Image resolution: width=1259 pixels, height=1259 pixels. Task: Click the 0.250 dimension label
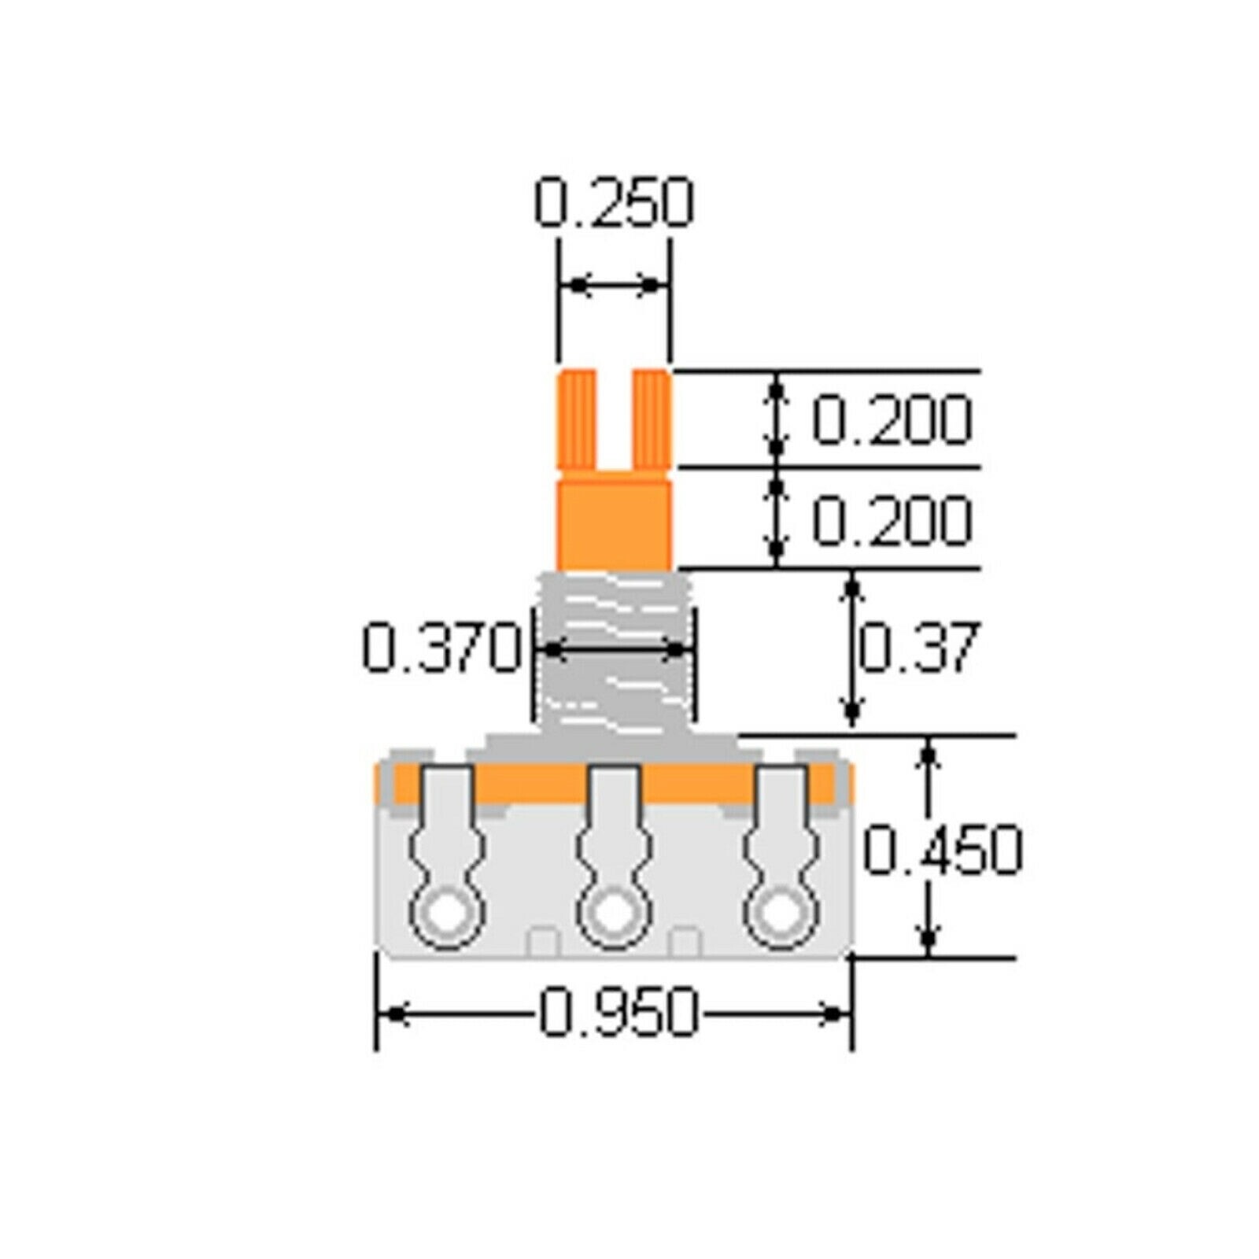614,203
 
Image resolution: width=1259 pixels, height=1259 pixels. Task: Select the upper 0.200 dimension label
892,420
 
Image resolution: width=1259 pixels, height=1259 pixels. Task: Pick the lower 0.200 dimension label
892,520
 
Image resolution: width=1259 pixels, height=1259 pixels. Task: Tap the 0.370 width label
442,648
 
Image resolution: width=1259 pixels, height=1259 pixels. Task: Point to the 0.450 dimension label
943,850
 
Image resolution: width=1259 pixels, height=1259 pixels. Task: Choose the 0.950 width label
618,1013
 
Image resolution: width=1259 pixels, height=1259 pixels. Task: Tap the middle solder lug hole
615,916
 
